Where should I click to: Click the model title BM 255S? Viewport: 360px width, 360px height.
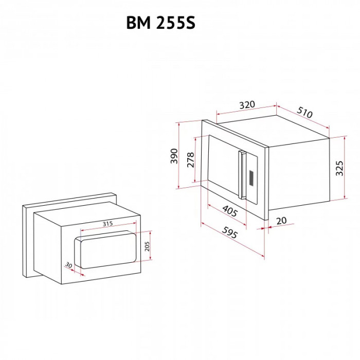(160, 23)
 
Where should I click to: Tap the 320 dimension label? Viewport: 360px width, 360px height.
(247, 104)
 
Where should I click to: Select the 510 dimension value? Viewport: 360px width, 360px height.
(304, 112)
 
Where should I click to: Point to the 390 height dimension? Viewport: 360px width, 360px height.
(174, 156)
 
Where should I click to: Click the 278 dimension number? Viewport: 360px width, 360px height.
(191, 159)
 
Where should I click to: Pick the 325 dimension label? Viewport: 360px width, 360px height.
(339, 168)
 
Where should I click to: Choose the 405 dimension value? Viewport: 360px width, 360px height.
(230, 211)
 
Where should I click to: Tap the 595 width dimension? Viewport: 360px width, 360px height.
(229, 232)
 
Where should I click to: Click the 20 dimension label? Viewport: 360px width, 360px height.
(281, 221)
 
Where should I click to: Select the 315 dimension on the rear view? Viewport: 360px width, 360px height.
(107, 223)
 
